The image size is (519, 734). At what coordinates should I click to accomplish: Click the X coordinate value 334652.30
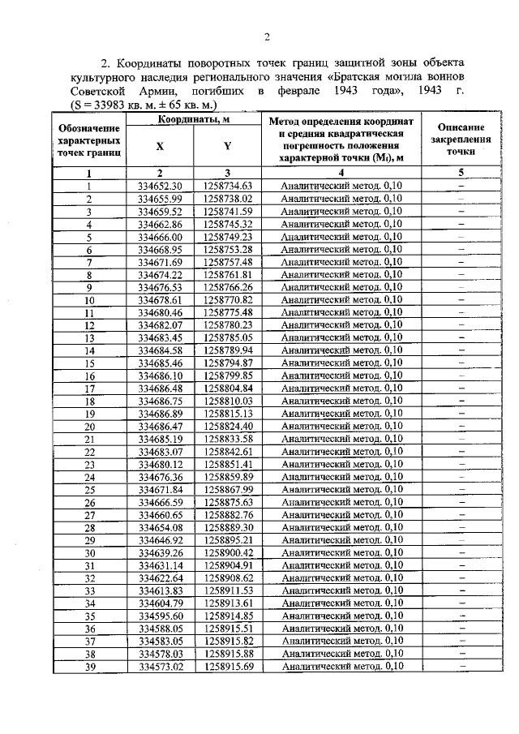tap(160, 186)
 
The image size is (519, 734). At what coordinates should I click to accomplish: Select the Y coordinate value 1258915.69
tap(229, 666)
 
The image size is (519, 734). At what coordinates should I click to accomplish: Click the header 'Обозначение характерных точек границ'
tap(90, 140)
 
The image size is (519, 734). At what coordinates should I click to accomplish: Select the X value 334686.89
tap(160, 413)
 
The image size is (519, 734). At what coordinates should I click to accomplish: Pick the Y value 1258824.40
tap(229, 426)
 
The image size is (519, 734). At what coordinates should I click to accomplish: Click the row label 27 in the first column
tap(90, 514)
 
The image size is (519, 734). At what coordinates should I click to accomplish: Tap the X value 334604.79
tap(160, 603)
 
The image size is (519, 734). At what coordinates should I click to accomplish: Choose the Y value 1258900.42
tap(229, 552)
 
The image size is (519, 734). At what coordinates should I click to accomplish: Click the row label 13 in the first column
tap(90, 337)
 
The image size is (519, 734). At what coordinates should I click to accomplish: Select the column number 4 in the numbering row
tap(341, 173)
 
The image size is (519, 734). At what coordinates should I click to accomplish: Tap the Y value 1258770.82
tap(229, 299)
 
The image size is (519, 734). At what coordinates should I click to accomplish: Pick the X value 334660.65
tap(160, 514)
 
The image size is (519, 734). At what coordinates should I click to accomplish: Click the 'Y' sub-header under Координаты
tap(228, 146)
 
